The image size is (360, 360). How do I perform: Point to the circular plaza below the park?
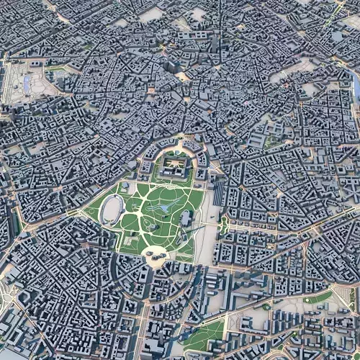pos(155,253)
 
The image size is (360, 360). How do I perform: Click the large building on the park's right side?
pos(186,219)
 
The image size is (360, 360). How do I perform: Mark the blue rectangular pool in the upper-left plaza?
pos(27,84)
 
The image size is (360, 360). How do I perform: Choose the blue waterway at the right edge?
pos(355,86)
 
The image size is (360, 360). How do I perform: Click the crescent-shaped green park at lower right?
pos(318,297)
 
